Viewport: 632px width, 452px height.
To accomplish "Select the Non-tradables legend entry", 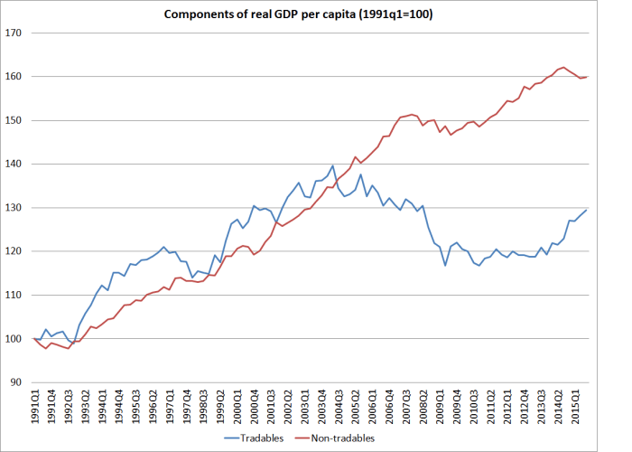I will point(343,438).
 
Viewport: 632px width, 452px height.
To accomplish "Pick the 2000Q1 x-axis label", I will point(237,404).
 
